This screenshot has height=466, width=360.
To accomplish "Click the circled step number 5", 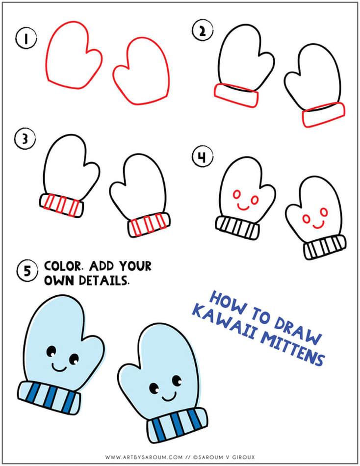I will [x=26, y=271].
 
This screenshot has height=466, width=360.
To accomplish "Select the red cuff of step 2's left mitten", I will [x=236, y=94].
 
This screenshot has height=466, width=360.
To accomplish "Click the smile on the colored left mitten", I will [x=59, y=367].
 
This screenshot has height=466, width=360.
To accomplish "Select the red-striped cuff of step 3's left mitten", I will [x=61, y=205].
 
